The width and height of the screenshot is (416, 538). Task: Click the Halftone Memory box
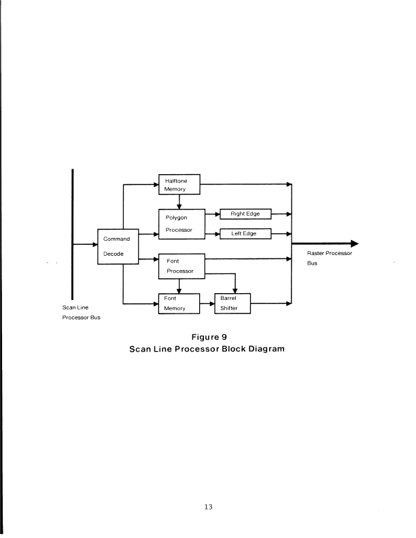click(178, 185)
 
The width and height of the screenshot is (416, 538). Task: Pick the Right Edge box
click(245, 214)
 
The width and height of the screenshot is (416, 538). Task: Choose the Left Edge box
click(245, 234)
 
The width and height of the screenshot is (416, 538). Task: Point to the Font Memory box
click(178, 303)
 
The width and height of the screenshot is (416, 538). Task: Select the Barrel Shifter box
click(232, 303)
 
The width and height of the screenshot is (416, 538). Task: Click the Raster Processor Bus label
click(329, 258)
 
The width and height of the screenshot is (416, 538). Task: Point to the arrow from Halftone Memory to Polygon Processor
click(179, 202)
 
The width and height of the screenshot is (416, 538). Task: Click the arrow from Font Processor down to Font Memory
click(179, 286)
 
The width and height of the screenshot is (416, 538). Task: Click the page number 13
click(209, 506)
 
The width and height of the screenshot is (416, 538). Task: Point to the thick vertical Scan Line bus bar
click(72, 231)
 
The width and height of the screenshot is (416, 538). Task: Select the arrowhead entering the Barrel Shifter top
click(235, 290)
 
